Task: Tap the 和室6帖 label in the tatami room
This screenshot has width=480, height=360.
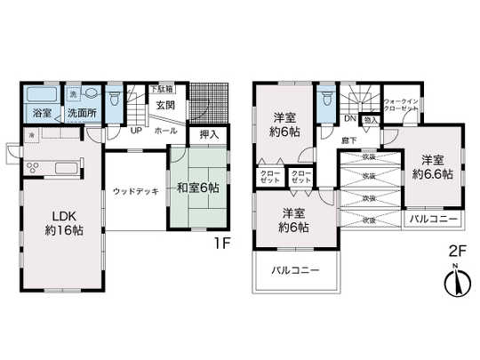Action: [x=198, y=188]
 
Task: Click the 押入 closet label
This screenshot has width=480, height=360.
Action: [x=209, y=135]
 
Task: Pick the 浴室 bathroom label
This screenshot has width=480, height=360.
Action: [x=41, y=114]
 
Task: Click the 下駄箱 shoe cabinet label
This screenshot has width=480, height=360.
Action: [x=161, y=90]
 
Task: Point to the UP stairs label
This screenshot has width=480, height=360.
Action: [x=137, y=130]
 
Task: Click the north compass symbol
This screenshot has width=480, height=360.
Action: [x=452, y=283]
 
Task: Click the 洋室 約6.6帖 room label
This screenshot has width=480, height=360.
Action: [x=431, y=166]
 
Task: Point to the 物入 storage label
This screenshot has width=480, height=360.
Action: [x=372, y=118]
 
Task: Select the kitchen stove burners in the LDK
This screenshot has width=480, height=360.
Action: [x=34, y=166]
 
